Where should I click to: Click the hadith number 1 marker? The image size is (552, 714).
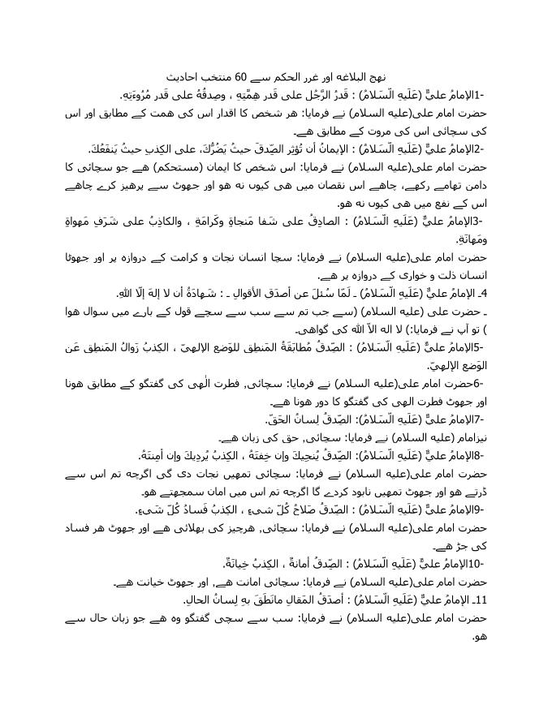[x=476, y=95]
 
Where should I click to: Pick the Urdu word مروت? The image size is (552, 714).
[x=377, y=131]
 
